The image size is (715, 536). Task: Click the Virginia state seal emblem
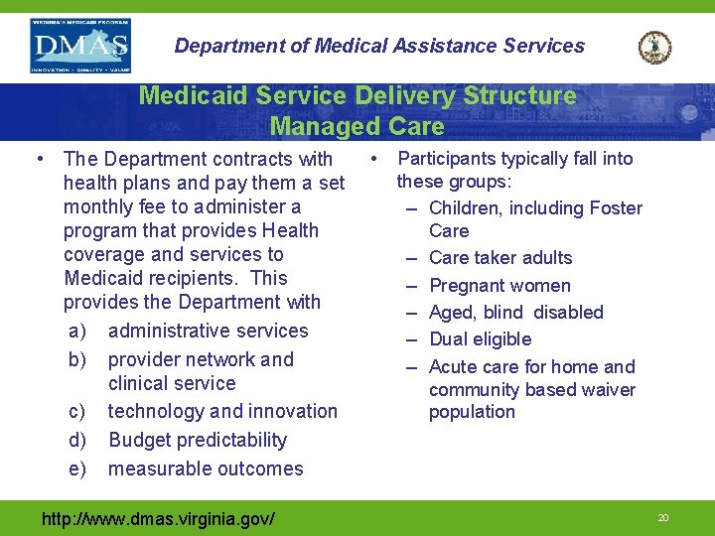tap(654, 47)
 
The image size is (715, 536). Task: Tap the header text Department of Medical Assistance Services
tap(379, 46)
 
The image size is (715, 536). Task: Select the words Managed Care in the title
tap(357, 127)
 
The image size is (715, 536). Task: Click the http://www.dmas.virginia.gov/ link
tap(158, 518)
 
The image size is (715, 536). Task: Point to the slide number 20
tap(663, 518)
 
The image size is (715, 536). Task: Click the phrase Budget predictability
tap(198, 440)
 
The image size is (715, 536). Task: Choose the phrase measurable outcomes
tap(206, 469)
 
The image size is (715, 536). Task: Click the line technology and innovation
tap(222, 411)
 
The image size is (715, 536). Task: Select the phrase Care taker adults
tap(500, 258)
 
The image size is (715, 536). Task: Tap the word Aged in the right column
tap(452, 313)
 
